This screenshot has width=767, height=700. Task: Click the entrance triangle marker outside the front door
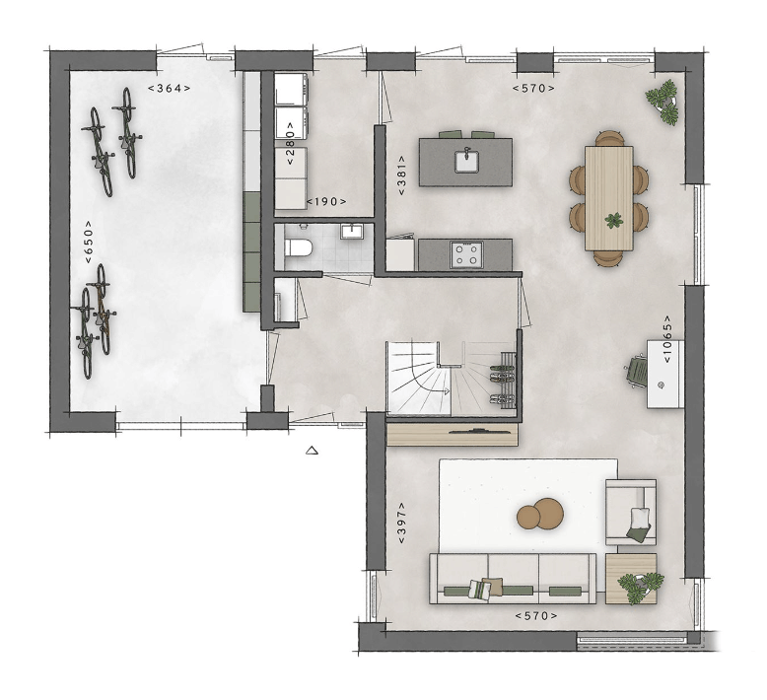click(313, 452)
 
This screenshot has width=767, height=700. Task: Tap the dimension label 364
click(169, 88)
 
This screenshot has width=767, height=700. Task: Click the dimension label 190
click(326, 201)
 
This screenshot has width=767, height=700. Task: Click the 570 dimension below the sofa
click(535, 616)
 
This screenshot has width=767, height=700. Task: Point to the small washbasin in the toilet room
click(353, 232)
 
